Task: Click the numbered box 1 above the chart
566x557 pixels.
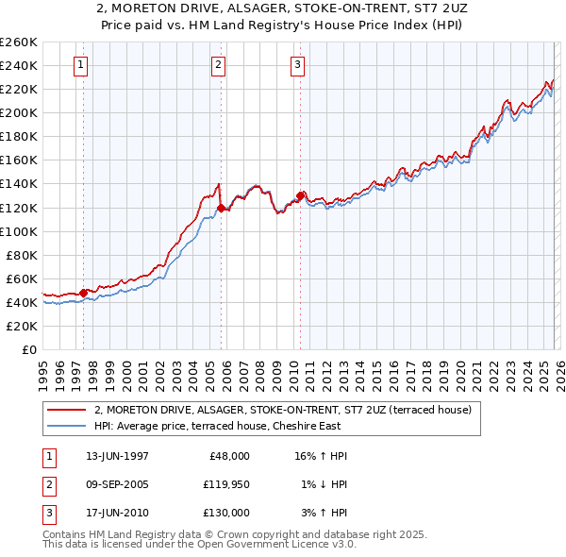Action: pyautogui.click(x=80, y=65)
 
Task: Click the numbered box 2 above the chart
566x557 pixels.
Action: pyautogui.click(x=218, y=65)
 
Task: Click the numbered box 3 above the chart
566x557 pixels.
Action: pyautogui.click(x=297, y=65)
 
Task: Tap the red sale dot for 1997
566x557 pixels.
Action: pyautogui.click(x=83, y=293)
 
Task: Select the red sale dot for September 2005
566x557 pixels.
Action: pyautogui.click(x=221, y=208)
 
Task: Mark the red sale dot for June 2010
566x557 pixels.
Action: pyautogui.click(x=300, y=195)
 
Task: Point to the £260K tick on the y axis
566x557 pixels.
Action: pyautogui.click(x=19, y=42)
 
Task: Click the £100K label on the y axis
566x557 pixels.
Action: pyautogui.click(x=19, y=231)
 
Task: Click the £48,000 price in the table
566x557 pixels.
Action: pyautogui.click(x=227, y=456)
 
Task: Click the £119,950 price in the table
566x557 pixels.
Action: pyautogui.click(x=225, y=484)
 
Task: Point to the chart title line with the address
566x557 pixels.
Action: pyautogui.click(x=283, y=8)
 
